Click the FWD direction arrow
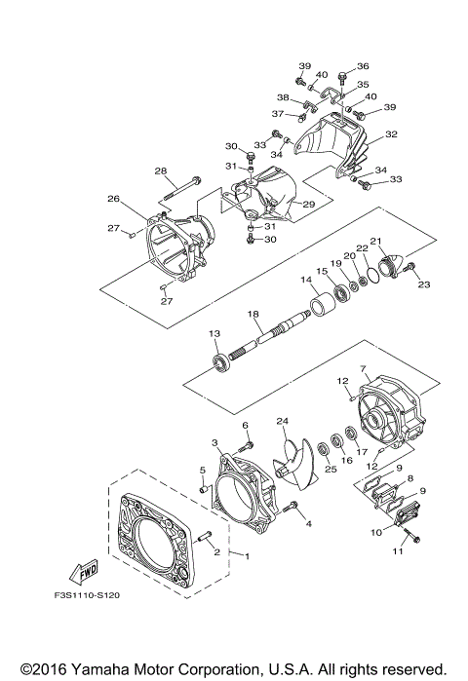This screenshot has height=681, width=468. [x=84, y=573]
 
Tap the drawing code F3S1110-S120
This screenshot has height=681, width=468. [x=87, y=594]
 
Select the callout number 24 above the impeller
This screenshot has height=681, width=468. [x=283, y=421]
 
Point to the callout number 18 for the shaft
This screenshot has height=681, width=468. [x=253, y=313]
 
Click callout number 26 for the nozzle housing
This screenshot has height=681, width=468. [x=113, y=199]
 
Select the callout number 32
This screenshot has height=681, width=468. [x=391, y=134]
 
